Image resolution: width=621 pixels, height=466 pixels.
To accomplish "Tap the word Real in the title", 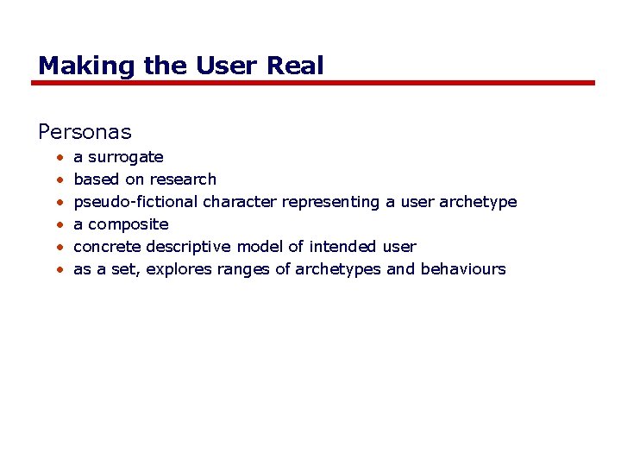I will click(x=296, y=66).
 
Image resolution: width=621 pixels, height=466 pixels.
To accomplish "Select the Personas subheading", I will click(x=85, y=132).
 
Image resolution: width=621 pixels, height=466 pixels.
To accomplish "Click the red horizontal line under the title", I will click(x=312, y=83).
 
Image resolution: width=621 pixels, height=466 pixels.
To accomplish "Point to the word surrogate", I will click(x=126, y=158).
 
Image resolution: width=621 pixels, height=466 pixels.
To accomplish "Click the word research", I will click(x=183, y=179).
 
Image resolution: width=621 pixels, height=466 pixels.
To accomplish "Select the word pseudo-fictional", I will click(x=135, y=202).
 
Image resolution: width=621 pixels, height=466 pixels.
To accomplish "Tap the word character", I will click(x=240, y=202).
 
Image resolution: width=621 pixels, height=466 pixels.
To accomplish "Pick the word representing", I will click(x=330, y=202).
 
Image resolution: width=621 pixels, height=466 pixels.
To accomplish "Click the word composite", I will click(x=129, y=224).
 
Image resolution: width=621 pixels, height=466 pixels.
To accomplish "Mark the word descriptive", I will click(x=182, y=247).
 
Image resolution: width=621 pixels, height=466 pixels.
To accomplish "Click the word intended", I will click(x=342, y=247).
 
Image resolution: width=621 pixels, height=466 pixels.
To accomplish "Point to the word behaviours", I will click(x=463, y=269).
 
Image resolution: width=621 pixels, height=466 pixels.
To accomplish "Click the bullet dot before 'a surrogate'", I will click(x=60, y=158).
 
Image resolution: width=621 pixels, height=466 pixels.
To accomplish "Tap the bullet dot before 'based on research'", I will click(x=60, y=180).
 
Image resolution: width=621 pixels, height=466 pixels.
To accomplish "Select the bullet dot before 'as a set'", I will click(x=60, y=270).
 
